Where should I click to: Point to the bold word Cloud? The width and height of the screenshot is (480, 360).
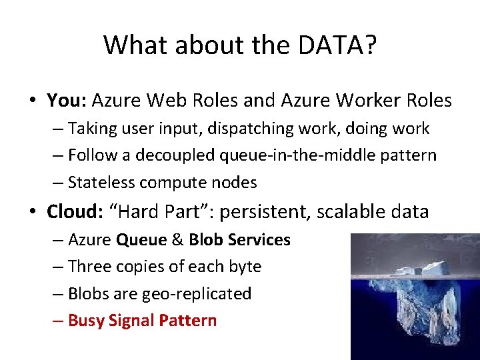pos(73,212)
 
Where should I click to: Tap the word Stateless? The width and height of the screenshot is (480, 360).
pos(101,183)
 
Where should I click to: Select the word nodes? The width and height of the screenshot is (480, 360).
pos(233,183)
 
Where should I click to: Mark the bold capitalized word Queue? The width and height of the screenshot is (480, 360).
pos(139,239)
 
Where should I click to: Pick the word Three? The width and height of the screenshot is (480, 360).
pos(91,267)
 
